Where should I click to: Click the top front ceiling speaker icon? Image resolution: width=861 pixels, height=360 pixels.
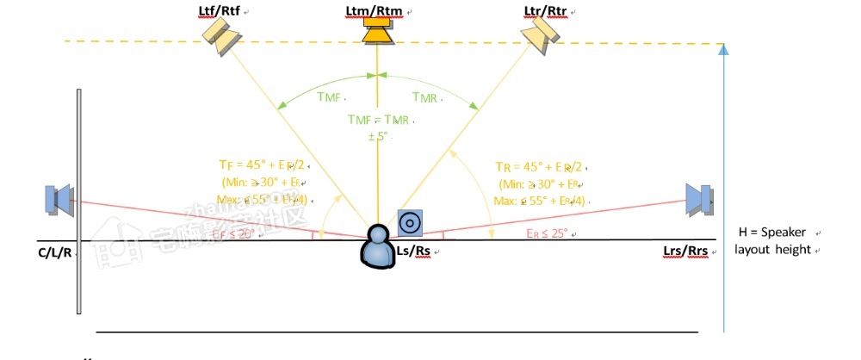[222, 37]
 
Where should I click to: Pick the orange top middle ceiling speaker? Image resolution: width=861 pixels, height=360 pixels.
[377, 32]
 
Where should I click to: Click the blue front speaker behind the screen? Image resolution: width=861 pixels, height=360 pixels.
[59, 199]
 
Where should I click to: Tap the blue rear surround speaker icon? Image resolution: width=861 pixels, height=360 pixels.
[698, 199]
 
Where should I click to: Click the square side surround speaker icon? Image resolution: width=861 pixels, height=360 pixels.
[410, 223]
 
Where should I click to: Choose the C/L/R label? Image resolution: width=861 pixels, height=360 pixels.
[54, 253]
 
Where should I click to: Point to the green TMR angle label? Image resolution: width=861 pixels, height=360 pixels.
[424, 97]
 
